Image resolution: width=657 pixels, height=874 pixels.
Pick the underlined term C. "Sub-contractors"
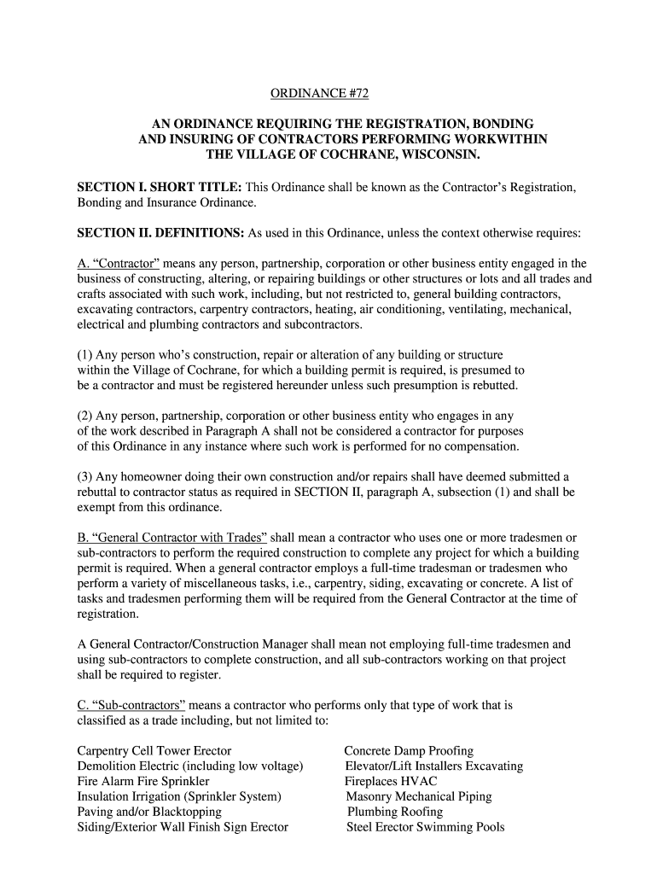[131, 706]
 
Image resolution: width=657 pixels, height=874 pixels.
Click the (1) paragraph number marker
[85, 354]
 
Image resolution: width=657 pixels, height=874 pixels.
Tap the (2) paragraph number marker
[85, 416]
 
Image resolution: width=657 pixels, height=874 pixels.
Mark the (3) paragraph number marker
[85, 476]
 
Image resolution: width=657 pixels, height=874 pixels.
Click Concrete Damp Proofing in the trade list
[409, 750]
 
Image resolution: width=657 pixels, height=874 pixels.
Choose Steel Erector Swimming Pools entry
[425, 827]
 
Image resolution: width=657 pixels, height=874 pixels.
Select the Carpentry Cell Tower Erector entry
[154, 750]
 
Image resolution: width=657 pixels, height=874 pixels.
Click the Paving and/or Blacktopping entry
[149, 812]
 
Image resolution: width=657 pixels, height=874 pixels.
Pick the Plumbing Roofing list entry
[395, 812]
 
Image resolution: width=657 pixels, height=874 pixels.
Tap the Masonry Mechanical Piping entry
[418, 796]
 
